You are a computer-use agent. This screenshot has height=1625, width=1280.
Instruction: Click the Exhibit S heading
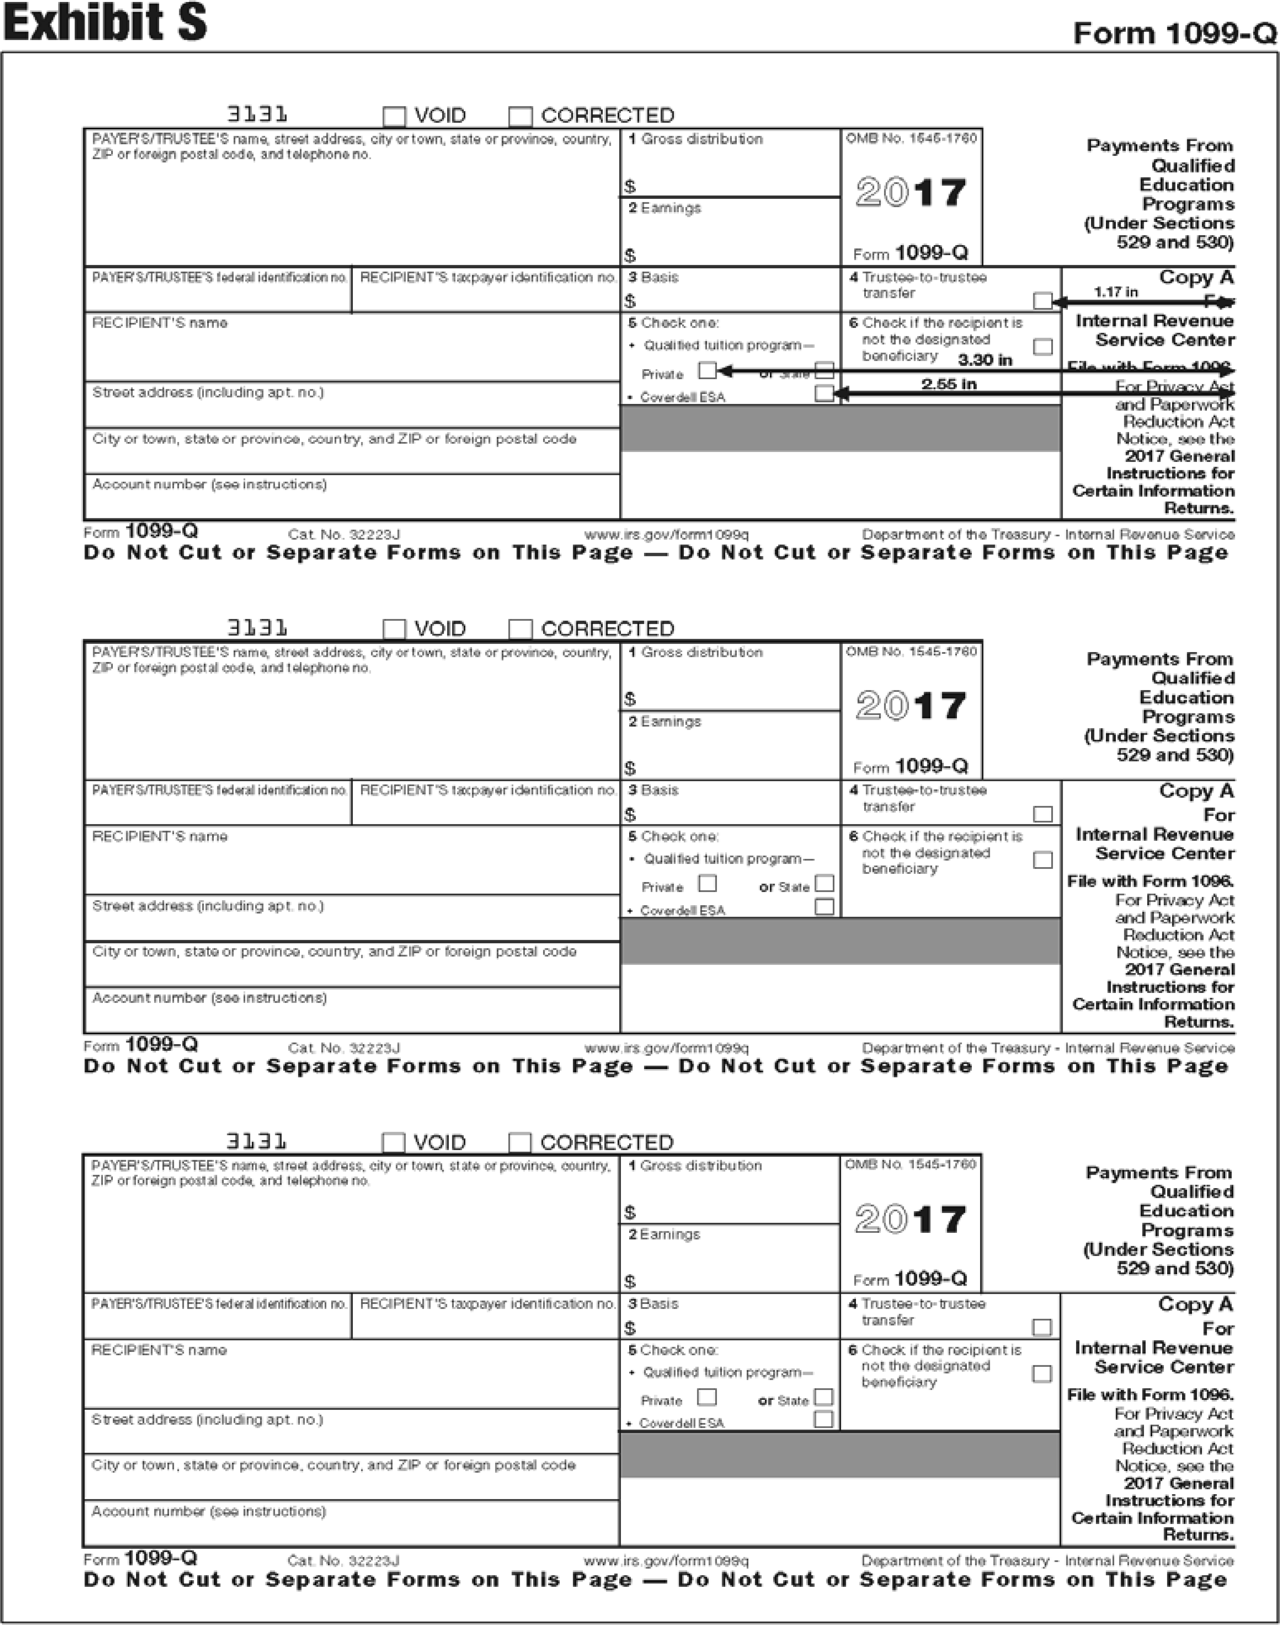[x=105, y=22]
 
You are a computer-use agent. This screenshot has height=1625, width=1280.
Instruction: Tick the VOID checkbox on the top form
[x=394, y=116]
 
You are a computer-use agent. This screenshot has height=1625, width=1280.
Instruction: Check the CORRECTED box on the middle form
[x=520, y=629]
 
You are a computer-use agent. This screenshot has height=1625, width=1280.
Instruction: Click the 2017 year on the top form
[x=911, y=193]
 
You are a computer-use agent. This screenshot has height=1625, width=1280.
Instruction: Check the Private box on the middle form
[x=707, y=883]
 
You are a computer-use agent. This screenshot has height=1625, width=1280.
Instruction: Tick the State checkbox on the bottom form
[x=824, y=1397]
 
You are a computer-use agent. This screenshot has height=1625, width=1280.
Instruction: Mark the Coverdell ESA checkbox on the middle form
[x=824, y=906]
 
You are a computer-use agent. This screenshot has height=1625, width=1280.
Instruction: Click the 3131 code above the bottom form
[x=256, y=1142]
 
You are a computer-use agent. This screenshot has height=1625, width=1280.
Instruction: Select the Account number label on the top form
[x=209, y=485]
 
